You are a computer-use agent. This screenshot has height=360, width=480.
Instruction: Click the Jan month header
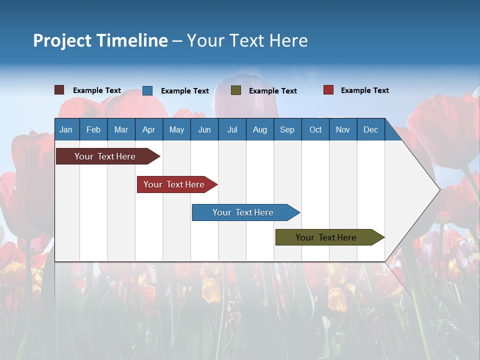(x=66, y=129)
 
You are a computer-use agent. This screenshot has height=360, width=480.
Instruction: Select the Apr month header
(x=148, y=129)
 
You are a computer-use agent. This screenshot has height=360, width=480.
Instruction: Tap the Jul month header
(x=232, y=129)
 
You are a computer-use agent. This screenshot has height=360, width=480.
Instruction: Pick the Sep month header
(x=287, y=129)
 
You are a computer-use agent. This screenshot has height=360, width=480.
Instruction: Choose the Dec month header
(x=370, y=129)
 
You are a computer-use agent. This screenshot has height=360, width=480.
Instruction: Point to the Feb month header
(x=93, y=129)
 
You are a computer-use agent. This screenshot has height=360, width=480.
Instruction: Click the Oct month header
(x=315, y=129)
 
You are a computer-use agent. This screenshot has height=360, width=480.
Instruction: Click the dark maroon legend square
(x=59, y=90)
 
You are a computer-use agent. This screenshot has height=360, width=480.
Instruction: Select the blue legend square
(x=147, y=90)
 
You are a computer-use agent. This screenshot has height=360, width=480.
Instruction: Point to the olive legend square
(x=236, y=90)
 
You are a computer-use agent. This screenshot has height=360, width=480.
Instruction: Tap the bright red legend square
(x=328, y=90)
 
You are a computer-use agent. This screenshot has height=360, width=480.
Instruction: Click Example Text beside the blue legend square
(x=185, y=91)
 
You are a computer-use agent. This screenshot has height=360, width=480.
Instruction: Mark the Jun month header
(x=204, y=129)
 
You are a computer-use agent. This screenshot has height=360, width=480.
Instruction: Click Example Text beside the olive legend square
(x=273, y=91)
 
